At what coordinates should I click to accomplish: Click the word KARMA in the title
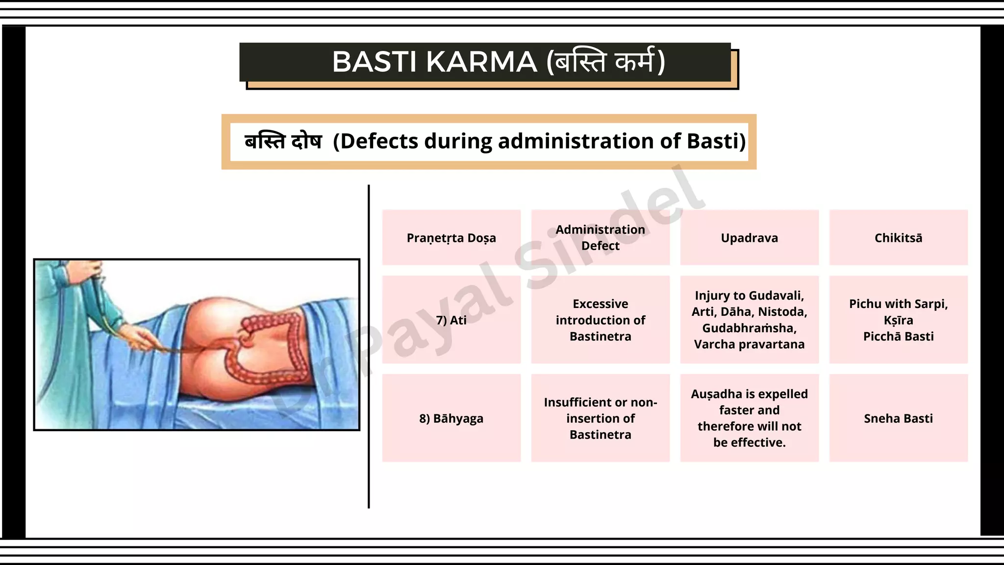[481, 62]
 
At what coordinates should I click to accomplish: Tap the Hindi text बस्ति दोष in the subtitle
[283, 142]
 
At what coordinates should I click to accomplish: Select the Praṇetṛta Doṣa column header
[451, 238]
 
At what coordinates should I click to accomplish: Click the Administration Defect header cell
[600, 238]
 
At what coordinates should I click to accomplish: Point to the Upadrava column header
[749, 238]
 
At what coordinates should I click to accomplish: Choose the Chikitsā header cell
[898, 238]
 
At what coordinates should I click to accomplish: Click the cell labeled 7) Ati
[451, 320]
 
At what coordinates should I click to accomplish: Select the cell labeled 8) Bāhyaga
[451, 418]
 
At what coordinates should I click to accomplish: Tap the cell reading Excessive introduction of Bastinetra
[600, 320]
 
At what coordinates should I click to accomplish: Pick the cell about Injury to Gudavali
[749, 320]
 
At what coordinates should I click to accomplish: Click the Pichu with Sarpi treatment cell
[898, 320]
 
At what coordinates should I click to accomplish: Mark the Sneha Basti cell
[898, 418]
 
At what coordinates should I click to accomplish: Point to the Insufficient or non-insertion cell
[600, 418]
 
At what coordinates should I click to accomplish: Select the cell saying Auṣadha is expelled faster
[749, 418]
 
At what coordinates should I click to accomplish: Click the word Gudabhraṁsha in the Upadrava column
[749, 328]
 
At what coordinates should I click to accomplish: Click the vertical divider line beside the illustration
[369, 343]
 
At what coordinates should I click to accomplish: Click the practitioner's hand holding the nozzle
[142, 338]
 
